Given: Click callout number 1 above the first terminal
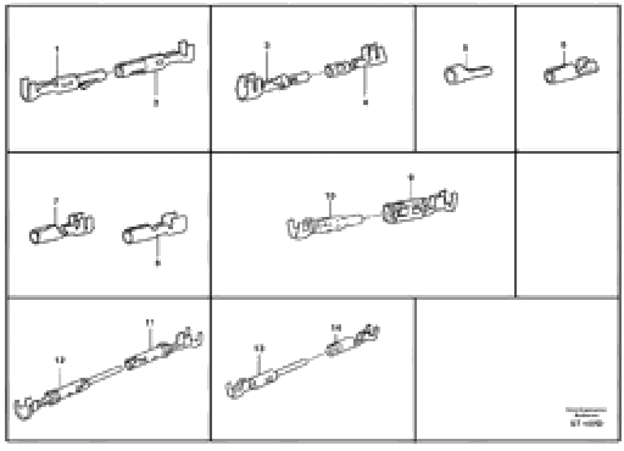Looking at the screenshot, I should [x=57, y=48].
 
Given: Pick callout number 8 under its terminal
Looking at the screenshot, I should [x=157, y=263].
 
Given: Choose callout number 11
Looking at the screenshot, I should [x=150, y=322].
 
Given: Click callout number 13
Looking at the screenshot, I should [x=259, y=349].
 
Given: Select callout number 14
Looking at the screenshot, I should [x=336, y=328].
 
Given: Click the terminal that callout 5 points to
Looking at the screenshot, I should [x=468, y=74].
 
